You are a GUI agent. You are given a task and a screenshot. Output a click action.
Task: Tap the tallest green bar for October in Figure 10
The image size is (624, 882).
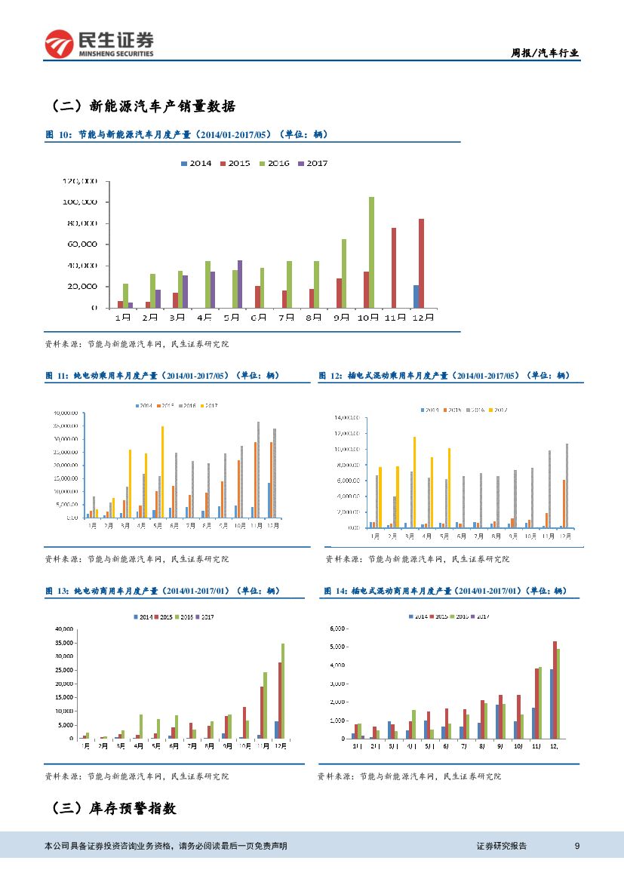click(x=371, y=252)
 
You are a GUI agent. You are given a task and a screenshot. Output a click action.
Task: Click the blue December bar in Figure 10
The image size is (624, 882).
click(x=416, y=297)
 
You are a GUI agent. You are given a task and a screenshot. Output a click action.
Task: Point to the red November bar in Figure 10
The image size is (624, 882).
click(x=394, y=268)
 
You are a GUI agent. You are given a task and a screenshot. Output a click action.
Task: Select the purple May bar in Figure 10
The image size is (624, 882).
click(x=240, y=284)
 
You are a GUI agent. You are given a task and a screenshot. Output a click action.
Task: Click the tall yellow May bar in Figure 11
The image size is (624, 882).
click(x=162, y=472)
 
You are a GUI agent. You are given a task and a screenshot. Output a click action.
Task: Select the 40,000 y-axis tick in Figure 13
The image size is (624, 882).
click(x=64, y=629)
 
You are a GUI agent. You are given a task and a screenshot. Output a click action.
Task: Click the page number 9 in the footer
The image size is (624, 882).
click(x=577, y=846)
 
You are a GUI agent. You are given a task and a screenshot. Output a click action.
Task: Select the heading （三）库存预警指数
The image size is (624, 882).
click(x=113, y=808)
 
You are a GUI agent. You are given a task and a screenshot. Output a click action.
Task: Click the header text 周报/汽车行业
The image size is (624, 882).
click(x=545, y=53)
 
